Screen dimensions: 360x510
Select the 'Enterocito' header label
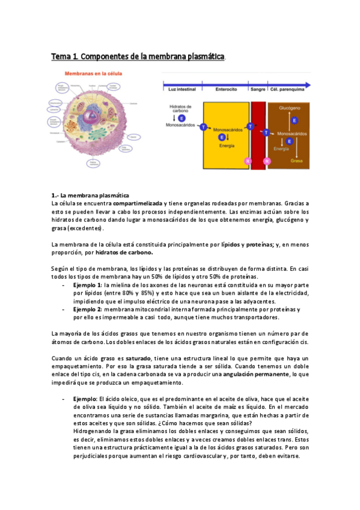click(227, 88)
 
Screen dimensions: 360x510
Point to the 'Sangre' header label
click(258, 88)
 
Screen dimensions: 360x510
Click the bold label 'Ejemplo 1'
click(87, 284)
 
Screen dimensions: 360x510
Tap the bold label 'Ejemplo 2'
click(87, 309)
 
